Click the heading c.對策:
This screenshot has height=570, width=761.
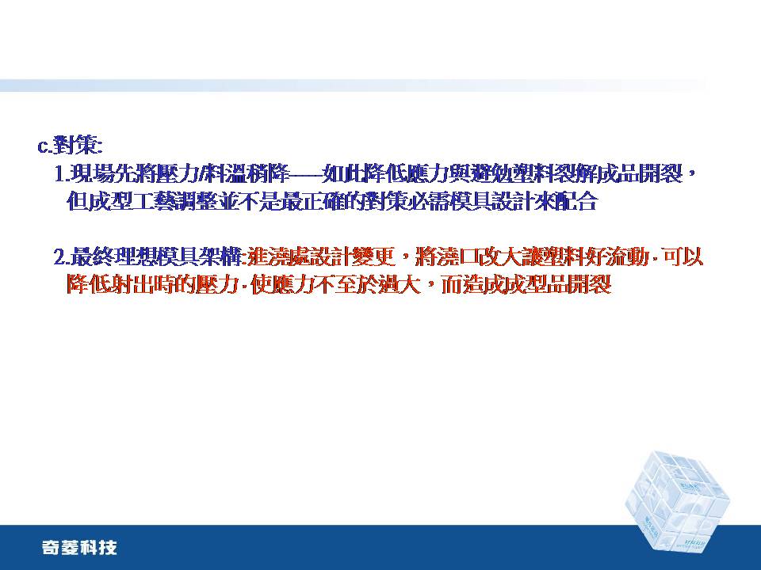(71, 146)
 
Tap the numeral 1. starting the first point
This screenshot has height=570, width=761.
(62, 174)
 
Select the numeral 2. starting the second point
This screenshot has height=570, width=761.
(62, 257)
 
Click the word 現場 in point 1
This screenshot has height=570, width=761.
(87, 174)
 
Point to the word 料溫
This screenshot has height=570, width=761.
(224, 174)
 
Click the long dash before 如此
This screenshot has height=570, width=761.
(307, 174)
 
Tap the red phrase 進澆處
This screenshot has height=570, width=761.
(273, 257)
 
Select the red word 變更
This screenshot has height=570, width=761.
(378, 257)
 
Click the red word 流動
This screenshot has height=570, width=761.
(632, 257)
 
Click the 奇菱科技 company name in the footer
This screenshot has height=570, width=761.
(79, 548)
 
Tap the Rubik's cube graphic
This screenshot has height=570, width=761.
(678, 501)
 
